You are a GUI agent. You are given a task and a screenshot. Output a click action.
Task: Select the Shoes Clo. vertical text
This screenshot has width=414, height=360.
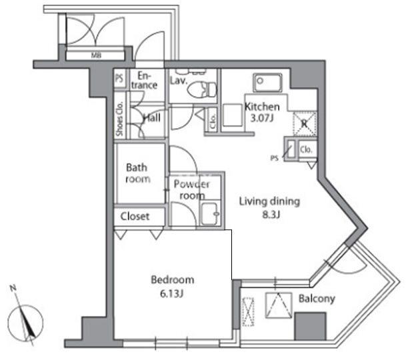(120, 119)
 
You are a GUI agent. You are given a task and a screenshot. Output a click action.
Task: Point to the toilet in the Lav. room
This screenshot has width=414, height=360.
(209, 87)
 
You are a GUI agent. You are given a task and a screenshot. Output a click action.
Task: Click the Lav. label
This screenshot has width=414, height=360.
(178, 81)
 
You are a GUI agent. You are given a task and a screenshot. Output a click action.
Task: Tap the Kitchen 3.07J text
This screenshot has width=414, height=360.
(262, 113)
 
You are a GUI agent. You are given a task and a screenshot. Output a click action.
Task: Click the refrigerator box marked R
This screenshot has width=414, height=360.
(304, 123)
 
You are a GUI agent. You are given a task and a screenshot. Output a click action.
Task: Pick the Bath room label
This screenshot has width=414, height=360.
(137, 173)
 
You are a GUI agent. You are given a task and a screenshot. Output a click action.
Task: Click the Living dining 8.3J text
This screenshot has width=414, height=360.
(270, 207)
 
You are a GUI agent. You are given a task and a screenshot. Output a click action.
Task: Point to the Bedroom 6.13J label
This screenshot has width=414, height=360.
(172, 285)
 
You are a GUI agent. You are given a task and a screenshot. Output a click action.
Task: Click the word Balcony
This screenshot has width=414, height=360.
(317, 299)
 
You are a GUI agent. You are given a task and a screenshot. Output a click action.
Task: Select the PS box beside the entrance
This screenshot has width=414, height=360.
(119, 78)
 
